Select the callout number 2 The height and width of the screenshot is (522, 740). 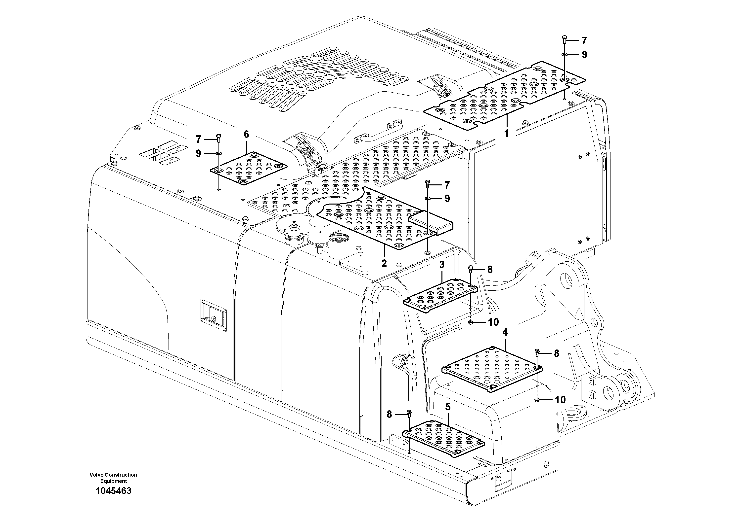click(x=384, y=263)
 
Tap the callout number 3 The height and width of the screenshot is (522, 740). click(x=442, y=265)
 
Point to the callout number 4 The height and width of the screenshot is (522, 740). click(x=505, y=332)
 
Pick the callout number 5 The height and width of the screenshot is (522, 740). click(x=448, y=407)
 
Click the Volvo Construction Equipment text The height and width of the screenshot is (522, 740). click(x=113, y=478)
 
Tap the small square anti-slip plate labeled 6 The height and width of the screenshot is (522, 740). click(x=248, y=169)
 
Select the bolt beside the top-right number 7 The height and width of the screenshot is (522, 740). click(x=564, y=40)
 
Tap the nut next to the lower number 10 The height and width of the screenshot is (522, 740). click(x=537, y=400)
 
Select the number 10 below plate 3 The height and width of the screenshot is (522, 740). click(x=493, y=322)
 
